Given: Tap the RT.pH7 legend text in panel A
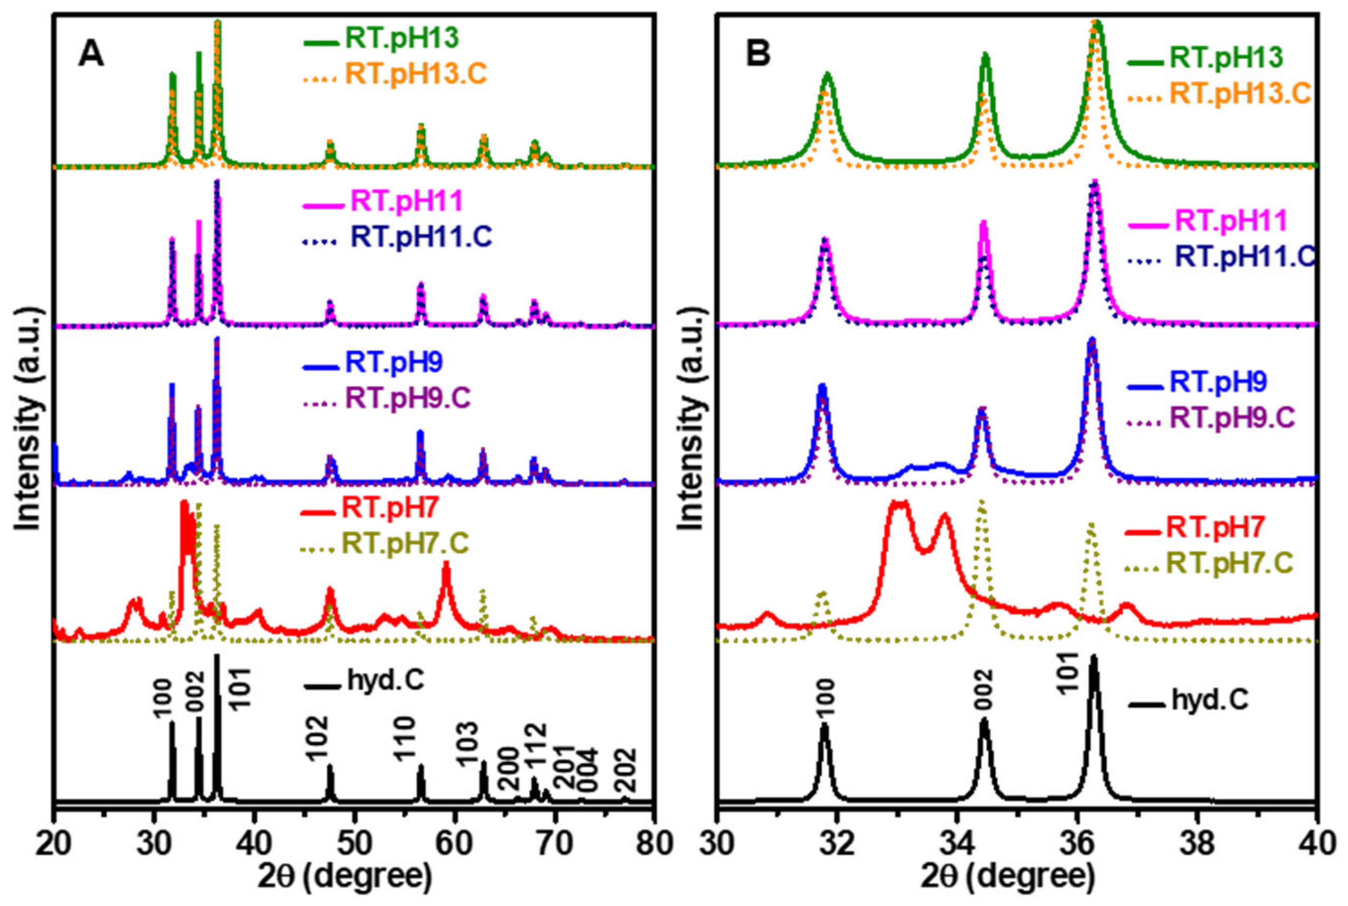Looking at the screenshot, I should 391,508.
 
